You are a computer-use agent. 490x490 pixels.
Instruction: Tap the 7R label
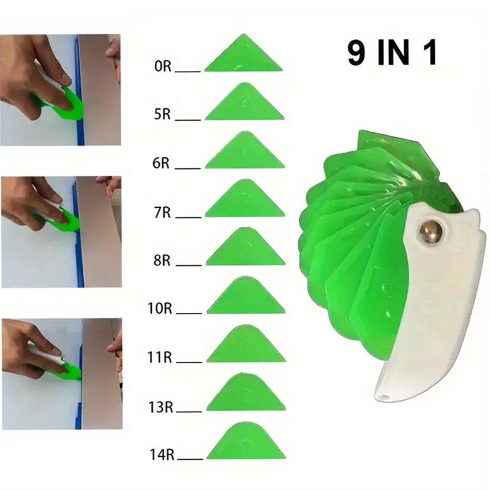tap(162, 212)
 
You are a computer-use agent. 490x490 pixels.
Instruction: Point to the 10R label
tap(160, 308)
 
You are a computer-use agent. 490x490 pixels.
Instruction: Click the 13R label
tap(161, 407)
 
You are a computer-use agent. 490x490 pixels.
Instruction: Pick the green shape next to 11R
tap(246, 346)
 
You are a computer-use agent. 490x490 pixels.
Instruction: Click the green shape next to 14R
tap(246, 443)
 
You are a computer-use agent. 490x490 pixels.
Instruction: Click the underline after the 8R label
tap(189, 265)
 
